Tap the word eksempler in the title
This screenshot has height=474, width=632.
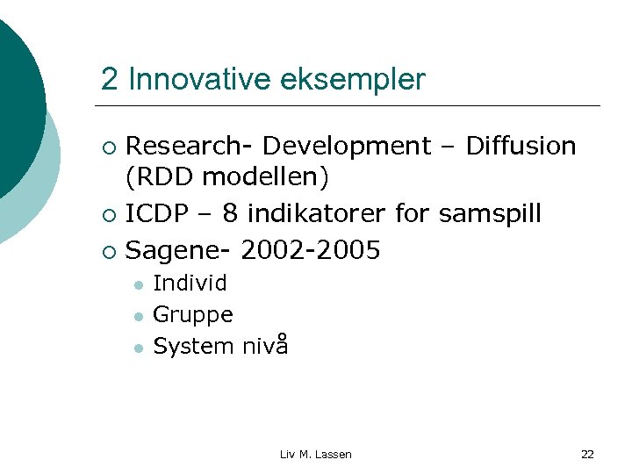pyautogui.click(x=353, y=80)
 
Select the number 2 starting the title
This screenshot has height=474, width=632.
pyautogui.click(x=109, y=80)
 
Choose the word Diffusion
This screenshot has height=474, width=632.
pyautogui.click(x=521, y=146)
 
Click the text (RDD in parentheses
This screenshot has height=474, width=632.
pyautogui.click(x=161, y=177)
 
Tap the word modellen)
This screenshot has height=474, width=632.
pyautogui.click(x=265, y=177)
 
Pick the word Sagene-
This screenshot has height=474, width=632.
pyautogui.click(x=178, y=251)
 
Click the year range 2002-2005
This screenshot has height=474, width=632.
pyautogui.click(x=310, y=251)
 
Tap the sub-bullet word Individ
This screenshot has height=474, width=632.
pyautogui.click(x=190, y=283)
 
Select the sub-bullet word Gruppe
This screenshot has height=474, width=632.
pyautogui.click(x=193, y=314)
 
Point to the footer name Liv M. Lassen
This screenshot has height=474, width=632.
pyautogui.click(x=315, y=454)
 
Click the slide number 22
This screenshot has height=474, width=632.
pyautogui.click(x=587, y=454)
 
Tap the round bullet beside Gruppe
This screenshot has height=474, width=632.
pyautogui.click(x=138, y=316)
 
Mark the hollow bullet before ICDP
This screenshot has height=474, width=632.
pyautogui.click(x=108, y=215)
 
